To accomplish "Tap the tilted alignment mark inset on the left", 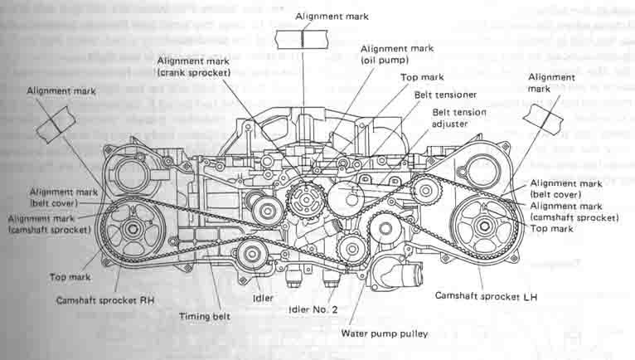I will coord(56,124).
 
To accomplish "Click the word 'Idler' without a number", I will coord(263,296).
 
